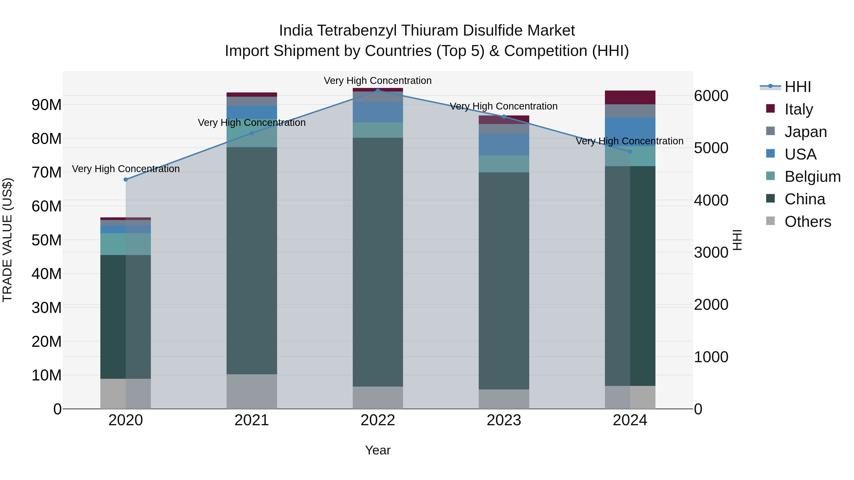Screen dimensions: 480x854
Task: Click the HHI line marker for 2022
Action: tap(378, 91)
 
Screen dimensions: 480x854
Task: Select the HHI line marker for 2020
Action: tap(126, 179)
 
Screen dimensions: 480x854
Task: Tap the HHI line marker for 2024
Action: tap(630, 152)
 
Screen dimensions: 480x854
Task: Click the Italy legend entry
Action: tap(798, 109)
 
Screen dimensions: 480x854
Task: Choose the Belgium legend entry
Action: tap(812, 177)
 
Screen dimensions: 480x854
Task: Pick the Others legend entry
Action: tap(808, 222)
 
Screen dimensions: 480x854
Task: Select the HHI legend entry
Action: tap(797, 87)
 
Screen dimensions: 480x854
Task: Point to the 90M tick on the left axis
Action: tap(46, 105)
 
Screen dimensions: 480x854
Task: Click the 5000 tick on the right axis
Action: tap(711, 148)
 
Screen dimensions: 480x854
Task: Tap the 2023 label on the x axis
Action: tap(504, 420)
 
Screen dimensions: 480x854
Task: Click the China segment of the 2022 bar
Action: tap(378, 262)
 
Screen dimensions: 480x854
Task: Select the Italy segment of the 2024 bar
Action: tap(630, 97)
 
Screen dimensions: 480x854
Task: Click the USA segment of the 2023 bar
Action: tap(504, 144)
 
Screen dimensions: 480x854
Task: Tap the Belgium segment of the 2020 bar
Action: tap(126, 244)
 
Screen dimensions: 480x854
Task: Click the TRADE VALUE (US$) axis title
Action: tap(7, 240)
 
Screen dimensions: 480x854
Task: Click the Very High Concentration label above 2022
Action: tap(378, 81)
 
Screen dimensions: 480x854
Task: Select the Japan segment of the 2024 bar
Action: tap(630, 111)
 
